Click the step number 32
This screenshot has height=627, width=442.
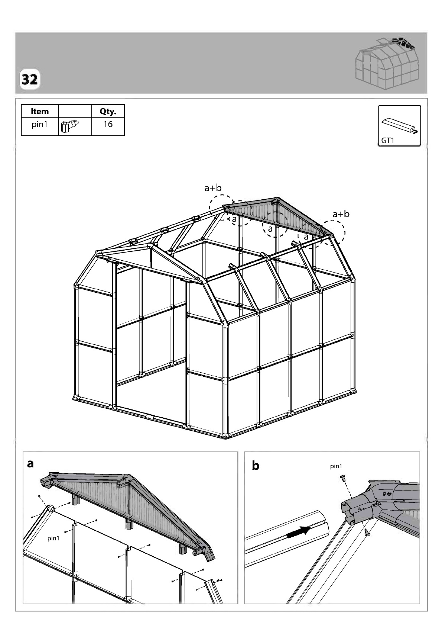(30, 80)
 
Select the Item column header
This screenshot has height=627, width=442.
(40, 112)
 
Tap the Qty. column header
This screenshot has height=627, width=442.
(108, 112)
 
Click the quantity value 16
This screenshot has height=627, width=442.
(108, 124)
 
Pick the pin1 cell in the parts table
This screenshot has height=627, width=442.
(39, 124)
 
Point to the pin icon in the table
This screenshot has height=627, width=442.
(70, 126)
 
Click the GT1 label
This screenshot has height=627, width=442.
(387, 141)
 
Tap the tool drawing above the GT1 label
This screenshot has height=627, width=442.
(400, 126)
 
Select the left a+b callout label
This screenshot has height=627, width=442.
(213, 188)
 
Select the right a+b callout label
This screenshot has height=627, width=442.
(341, 214)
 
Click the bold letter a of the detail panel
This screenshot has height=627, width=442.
(30, 464)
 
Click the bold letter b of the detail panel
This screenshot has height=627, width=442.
(256, 466)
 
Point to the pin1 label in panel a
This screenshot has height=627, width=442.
(53, 538)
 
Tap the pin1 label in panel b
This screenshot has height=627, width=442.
(336, 466)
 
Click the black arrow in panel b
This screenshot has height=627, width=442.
(298, 531)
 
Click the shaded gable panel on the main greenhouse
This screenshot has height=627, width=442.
(275, 214)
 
